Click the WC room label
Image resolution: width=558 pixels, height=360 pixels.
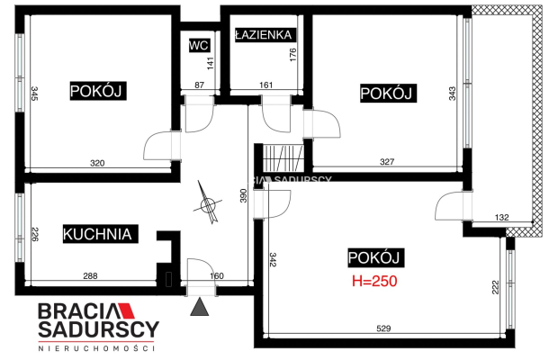199,45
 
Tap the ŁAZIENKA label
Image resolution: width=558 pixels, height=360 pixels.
264,34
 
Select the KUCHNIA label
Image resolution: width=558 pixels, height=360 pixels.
97,234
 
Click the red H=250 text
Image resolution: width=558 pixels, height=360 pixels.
374,282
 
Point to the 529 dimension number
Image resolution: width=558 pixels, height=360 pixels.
383,328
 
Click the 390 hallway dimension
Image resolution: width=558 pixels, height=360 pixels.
243,195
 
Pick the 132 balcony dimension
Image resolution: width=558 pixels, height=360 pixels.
502,218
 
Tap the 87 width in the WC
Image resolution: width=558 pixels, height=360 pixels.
199,85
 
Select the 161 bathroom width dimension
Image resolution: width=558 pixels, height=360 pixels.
265,85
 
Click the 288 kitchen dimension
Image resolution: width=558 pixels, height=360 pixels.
90,276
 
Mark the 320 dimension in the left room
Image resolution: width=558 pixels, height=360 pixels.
97,163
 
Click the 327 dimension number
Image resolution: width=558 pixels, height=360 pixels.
387,162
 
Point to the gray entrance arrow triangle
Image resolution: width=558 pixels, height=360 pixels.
199,307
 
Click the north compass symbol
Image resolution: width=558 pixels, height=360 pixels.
209,203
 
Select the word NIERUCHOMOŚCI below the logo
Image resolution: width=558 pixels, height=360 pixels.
96,348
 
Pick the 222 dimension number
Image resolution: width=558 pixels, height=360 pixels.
495,287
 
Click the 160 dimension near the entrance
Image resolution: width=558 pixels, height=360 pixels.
217,276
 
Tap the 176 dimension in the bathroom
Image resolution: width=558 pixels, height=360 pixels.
292,55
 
